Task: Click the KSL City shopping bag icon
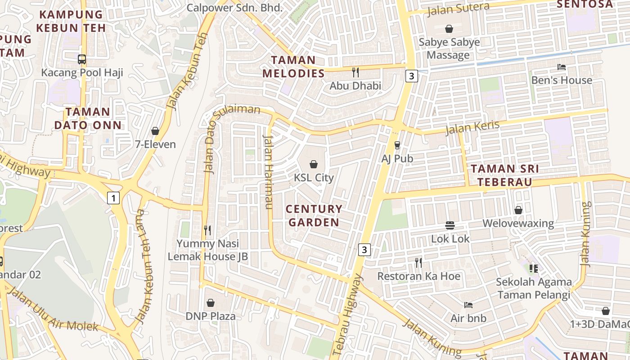(314, 164)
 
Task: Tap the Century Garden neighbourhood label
(314, 216)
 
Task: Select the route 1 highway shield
(113, 198)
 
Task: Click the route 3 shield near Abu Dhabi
(411, 76)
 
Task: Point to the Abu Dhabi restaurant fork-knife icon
(355, 72)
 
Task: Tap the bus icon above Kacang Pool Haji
(82, 59)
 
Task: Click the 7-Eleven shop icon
(155, 131)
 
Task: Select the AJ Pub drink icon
(397, 145)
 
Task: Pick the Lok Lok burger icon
(450, 225)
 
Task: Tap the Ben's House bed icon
(561, 67)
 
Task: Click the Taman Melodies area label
(293, 67)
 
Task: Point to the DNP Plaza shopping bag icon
(210, 303)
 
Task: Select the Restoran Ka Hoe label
(418, 276)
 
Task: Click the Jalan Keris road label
(472, 127)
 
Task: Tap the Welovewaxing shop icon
(518, 210)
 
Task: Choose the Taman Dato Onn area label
(88, 118)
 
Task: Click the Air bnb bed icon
(468, 305)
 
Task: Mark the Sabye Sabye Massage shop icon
(449, 29)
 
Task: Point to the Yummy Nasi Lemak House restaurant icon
(207, 230)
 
